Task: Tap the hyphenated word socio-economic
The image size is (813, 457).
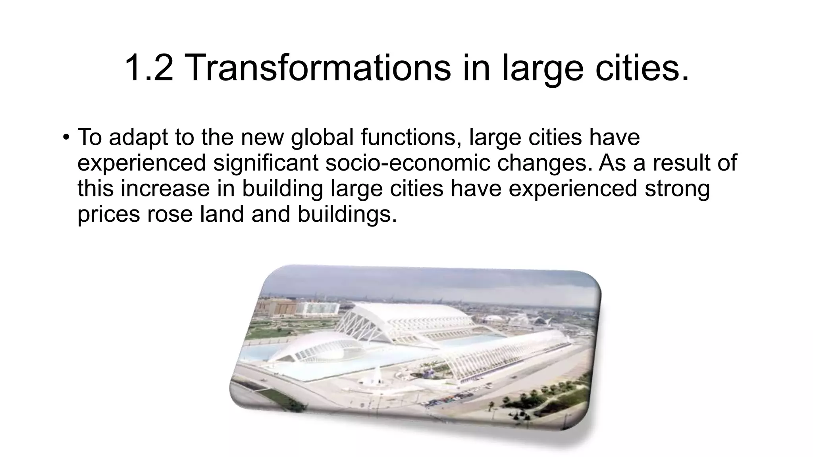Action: click(408, 163)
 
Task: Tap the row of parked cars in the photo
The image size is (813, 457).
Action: click(449, 399)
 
